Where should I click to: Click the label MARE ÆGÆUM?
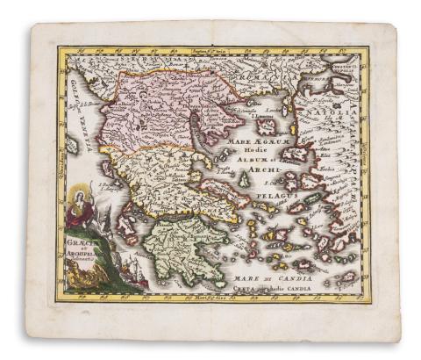[x=254, y=139]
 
